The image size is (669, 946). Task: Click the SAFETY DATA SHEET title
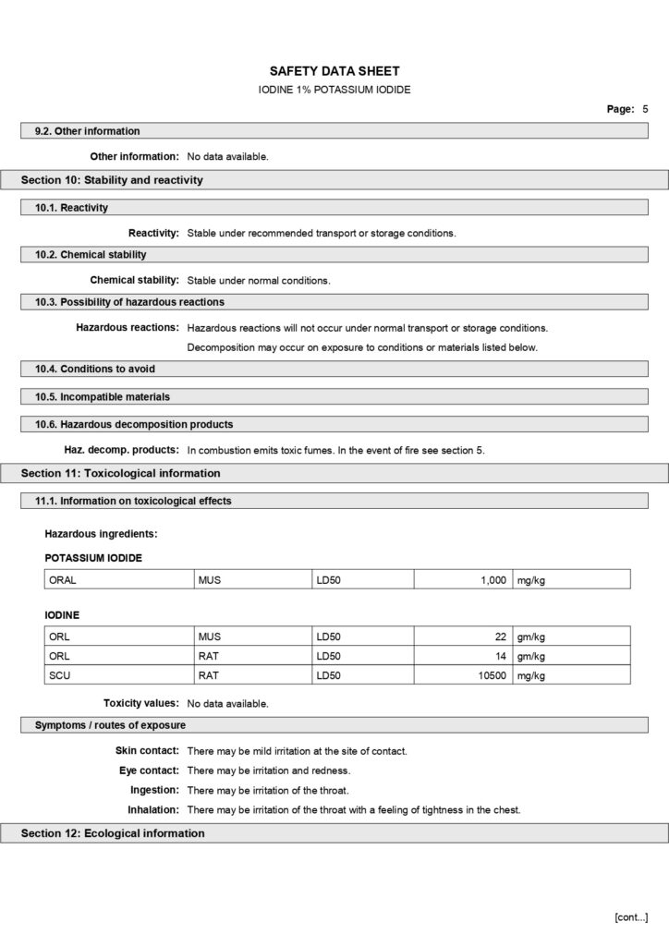click(x=334, y=71)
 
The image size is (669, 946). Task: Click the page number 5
click(x=645, y=109)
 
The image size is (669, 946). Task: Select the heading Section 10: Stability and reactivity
click(x=112, y=180)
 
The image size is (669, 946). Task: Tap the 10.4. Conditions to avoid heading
click(x=95, y=369)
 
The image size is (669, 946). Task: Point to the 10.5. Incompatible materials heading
click(x=103, y=396)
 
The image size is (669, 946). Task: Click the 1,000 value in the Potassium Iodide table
click(x=493, y=579)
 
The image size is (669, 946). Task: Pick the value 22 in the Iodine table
click(x=501, y=637)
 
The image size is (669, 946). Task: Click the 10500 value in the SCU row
click(x=491, y=675)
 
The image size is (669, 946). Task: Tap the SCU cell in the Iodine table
click(x=59, y=675)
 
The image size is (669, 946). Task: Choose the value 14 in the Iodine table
click(x=501, y=656)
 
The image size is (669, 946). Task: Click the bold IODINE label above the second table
click(x=62, y=614)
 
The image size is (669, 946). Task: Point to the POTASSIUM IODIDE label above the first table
click(x=93, y=558)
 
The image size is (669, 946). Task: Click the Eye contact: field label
click(x=149, y=770)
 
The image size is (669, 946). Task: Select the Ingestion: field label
click(x=154, y=790)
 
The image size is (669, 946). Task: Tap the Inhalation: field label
click(x=152, y=810)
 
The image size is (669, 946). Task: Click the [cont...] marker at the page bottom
click(x=631, y=916)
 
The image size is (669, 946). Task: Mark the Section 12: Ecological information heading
click(x=113, y=833)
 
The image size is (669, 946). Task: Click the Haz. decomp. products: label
click(x=121, y=450)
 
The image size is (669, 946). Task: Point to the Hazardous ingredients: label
click(x=101, y=533)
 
